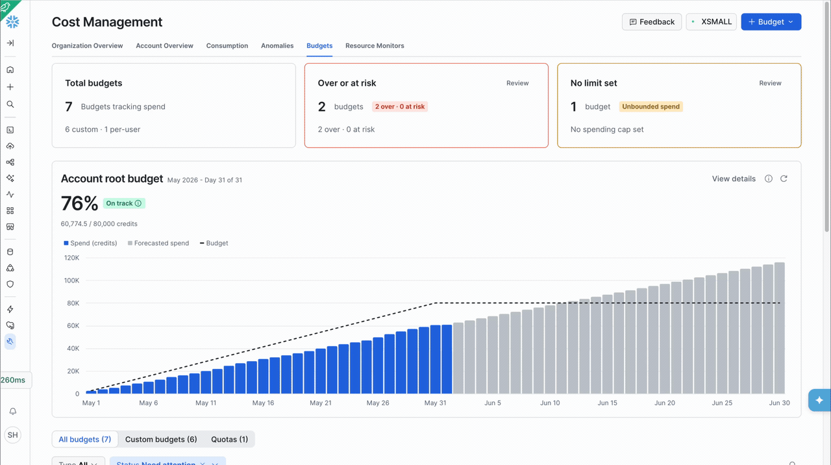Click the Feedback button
point(651,22)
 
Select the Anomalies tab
point(277,45)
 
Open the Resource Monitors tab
point(375,45)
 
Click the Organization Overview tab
point(87,45)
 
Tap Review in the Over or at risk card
point(517,83)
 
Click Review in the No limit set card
point(770,83)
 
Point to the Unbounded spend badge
point(651,107)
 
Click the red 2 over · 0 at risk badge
point(399,107)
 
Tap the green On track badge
point(124,203)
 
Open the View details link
point(734,179)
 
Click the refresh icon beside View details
point(784,179)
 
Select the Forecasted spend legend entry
point(158,243)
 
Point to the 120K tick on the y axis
point(71,258)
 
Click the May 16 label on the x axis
point(263,403)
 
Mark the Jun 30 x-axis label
point(780,403)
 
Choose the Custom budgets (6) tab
point(161,440)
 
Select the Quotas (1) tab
point(229,440)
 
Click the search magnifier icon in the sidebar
point(10,105)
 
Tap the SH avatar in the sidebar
point(12,435)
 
